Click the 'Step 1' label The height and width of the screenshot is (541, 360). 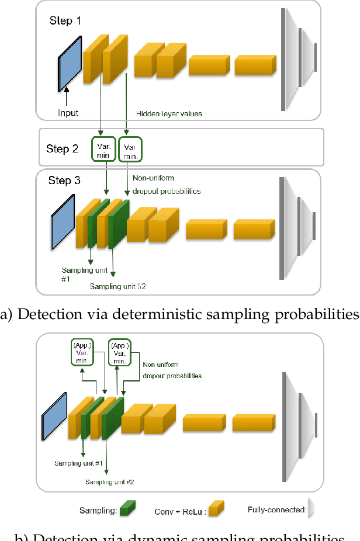click(x=65, y=22)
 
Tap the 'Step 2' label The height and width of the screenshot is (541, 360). click(x=62, y=148)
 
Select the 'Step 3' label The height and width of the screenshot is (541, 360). click(x=65, y=181)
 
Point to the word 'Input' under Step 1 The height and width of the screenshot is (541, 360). click(x=69, y=113)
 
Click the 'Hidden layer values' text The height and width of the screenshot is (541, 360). click(x=169, y=113)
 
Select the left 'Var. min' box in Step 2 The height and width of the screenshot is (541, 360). click(x=102, y=148)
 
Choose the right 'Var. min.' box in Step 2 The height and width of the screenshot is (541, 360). click(x=130, y=148)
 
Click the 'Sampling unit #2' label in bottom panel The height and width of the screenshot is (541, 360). click(x=110, y=482)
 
